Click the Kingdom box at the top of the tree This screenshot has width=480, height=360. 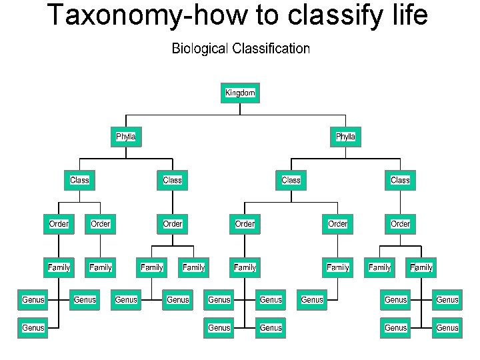point(240,93)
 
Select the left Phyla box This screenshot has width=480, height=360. point(125,137)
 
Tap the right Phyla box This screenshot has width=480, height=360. point(345,137)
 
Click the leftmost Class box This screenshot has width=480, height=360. point(79,180)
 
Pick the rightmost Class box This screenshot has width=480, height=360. point(400,180)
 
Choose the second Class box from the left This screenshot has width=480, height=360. point(172,180)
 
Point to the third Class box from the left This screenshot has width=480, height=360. point(291,180)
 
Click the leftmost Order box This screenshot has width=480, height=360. point(59,224)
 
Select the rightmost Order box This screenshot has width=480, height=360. point(400,224)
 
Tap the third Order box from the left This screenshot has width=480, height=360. point(172,224)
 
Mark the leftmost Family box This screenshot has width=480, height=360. point(59,267)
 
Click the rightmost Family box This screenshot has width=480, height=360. point(421,267)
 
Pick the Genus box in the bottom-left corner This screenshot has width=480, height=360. point(33,327)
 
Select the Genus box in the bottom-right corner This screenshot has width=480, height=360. point(447,327)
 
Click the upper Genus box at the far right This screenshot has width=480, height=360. point(447,300)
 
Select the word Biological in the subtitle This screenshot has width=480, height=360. point(200,49)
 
